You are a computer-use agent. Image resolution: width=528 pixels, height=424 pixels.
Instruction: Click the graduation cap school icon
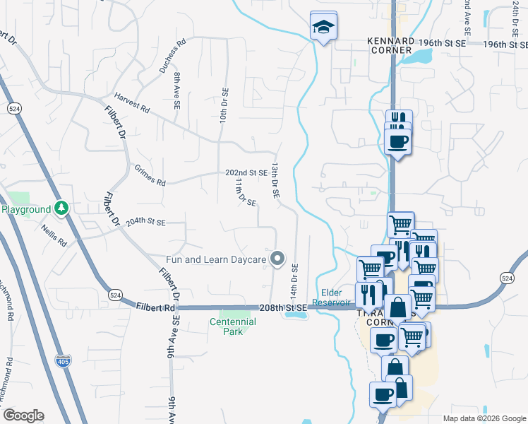pyautogui.click(x=323, y=28)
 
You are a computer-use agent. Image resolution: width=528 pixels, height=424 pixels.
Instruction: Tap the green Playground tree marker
pyautogui.click(x=62, y=208)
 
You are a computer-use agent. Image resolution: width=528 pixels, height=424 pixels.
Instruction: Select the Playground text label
pyautogui.click(x=26, y=209)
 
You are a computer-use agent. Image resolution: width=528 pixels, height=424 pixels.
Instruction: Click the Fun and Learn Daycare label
pyautogui.click(x=216, y=259)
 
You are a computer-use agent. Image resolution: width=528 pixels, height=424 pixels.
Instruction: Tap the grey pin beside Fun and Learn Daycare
pyautogui.click(x=277, y=259)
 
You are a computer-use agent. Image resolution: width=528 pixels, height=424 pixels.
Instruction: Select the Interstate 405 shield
pyautogui.click(x=63, y=360)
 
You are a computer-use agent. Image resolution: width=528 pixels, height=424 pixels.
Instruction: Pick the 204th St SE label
pyautogui.click(x=145, y=222)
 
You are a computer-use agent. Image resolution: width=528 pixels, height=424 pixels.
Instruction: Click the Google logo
pyautogui.click(x=23, y=416)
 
